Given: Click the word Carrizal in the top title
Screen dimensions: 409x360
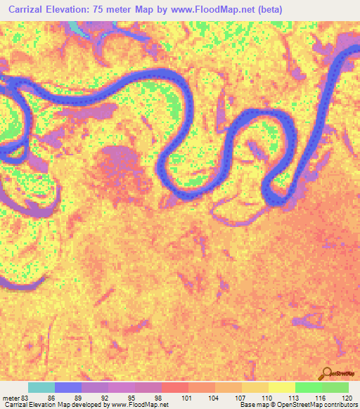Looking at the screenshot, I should [30, 9].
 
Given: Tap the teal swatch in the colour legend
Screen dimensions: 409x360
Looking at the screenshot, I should [41, 387].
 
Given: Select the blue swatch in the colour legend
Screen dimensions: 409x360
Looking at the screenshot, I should [67, 387].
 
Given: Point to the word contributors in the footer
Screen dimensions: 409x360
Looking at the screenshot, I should [340, 405].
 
